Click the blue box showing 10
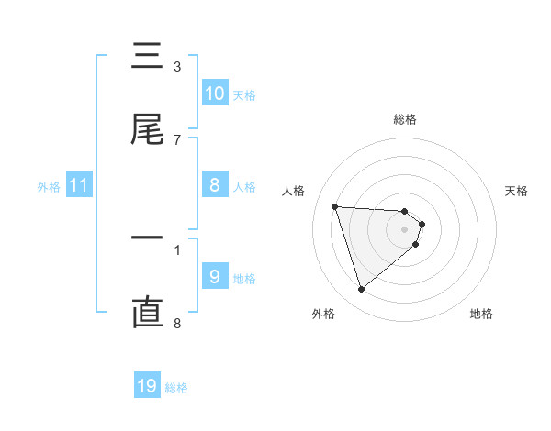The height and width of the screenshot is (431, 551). [x=214, y=93]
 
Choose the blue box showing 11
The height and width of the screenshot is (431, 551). [x=78, y=186]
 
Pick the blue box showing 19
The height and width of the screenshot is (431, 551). [x=147, y=386]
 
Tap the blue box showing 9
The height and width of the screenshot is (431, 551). [x=214, y=277]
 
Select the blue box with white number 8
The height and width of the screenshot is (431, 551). [x=214, y=185]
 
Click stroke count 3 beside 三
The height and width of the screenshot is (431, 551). [x=177, y=66]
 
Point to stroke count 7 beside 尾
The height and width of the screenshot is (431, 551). [x=177, y=139]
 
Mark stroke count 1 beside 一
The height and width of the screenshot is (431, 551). [x=177, y=249]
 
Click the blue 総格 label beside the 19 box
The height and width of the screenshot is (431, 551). [x=176, y=388]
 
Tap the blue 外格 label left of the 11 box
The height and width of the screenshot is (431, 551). [x=49, y=187]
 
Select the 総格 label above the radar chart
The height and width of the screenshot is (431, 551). [x=404, y=119]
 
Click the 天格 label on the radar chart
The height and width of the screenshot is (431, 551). [x=516, y=191]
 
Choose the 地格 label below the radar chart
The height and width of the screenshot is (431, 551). [x=481, y=314]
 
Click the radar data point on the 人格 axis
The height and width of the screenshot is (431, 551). [x=335, y=206]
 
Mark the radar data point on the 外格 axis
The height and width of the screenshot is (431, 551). [x=361, y=290]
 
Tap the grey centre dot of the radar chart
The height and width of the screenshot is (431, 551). [x=404, y=229]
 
